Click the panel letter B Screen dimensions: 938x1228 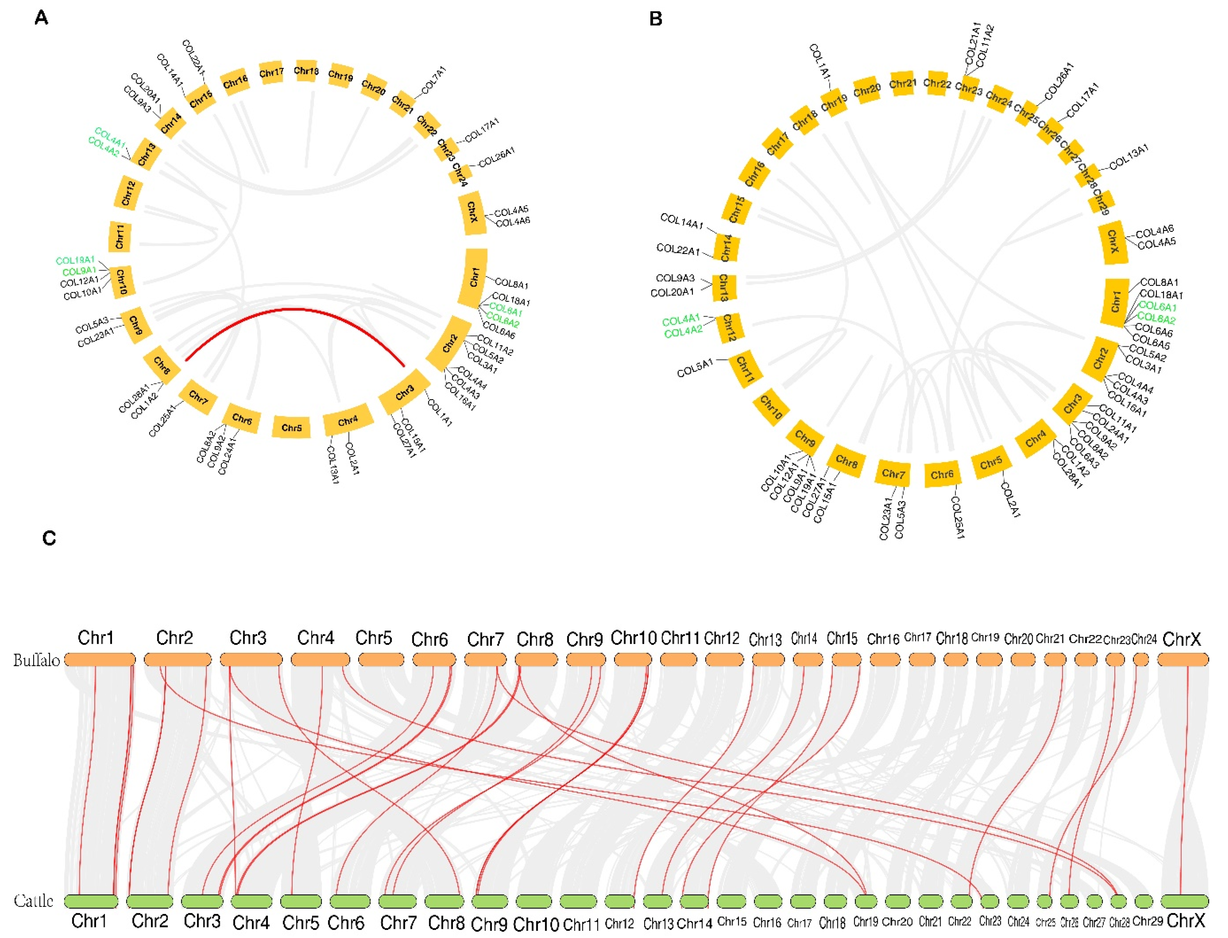[656, 19]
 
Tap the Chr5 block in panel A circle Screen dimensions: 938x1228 [291, 428]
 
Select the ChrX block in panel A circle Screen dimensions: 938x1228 [472, 213]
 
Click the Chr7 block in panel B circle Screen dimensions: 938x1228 [893, 474]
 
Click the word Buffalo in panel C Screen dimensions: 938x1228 [37, 661]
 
